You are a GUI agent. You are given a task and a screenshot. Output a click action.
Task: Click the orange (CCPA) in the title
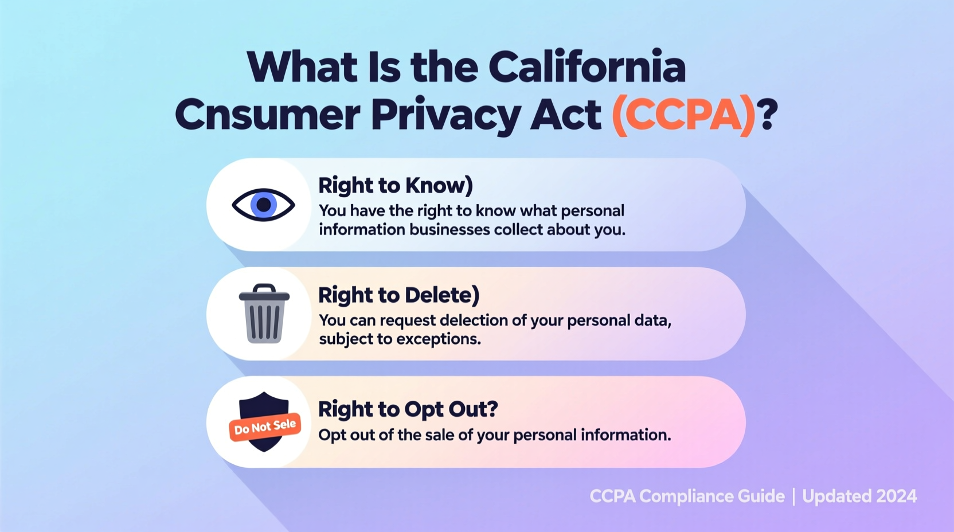(x=683, y=115)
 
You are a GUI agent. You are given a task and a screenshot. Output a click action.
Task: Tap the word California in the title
(x=587, y=68)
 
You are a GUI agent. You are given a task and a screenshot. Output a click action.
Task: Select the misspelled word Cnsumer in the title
(x=268, y=115)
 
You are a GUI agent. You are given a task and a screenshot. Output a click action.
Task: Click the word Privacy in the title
(x=445, y=115)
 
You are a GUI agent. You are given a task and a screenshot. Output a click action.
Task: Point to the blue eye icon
(x=263, y=205)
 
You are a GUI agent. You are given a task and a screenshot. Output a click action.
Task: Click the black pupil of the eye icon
(x=264, y=204)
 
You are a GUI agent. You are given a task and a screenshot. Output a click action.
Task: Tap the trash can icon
(x=264, y=314)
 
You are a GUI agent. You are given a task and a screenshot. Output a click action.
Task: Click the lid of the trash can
(x=264, y=295)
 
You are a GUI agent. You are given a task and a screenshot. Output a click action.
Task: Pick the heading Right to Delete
(x=398, y=295)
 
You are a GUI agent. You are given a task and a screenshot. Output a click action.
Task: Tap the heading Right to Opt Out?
(x=408, y=409)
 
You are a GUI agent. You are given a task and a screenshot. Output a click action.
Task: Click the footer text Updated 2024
(x=859, y=496)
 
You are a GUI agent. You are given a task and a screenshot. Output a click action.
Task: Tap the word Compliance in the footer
(x=711, y=496)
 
